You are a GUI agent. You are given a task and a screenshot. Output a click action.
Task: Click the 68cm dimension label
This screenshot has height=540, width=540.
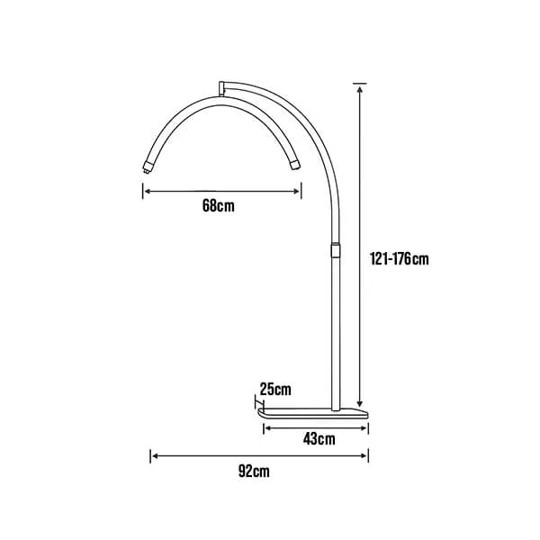219,205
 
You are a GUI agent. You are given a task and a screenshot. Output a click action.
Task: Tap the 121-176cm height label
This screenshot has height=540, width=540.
399,258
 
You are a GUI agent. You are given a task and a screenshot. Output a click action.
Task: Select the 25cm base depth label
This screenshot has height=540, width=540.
275,389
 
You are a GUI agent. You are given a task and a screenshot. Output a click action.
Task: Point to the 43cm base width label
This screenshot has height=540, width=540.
319,439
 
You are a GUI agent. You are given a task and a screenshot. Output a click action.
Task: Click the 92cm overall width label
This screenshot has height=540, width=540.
254,471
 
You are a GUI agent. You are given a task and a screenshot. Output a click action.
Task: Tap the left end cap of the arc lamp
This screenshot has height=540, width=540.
148,167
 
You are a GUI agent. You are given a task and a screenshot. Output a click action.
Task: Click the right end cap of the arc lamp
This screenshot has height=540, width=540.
295,165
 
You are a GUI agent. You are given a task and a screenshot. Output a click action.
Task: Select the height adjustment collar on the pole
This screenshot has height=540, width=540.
336,249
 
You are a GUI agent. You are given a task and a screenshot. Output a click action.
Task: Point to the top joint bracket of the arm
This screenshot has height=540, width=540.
221,88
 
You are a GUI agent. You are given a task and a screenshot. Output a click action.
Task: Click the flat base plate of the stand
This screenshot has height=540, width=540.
313,413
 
